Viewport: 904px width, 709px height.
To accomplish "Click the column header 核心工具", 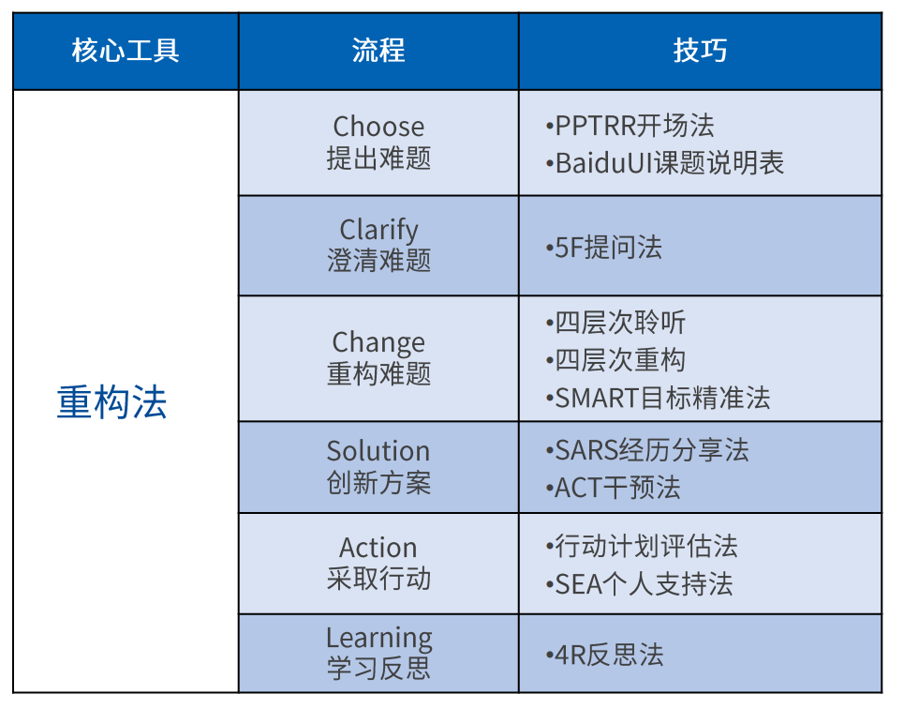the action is point(126,51).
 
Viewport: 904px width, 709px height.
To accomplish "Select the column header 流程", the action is point(378,51).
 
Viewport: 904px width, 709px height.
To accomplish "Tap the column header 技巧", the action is point(700,51).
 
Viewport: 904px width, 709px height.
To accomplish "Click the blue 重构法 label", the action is point(111,401).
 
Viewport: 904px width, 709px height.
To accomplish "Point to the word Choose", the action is point(378,127).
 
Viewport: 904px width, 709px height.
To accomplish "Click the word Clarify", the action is point(378,230).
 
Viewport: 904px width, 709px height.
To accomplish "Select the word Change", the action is point(378,343).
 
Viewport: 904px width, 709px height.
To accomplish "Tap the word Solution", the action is point(378,451).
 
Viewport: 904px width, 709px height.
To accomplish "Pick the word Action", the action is point(378,548).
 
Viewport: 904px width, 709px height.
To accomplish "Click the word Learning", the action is point(378,638).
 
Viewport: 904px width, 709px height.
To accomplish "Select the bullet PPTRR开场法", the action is point(630,126).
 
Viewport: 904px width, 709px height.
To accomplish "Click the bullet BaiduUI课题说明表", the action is point(665,163).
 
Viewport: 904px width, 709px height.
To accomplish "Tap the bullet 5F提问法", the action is point(603,248).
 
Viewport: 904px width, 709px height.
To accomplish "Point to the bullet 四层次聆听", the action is point(615,323).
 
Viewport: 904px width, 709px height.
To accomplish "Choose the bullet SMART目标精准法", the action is point(658,398).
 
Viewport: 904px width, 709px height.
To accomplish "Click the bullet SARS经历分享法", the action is point(647,450).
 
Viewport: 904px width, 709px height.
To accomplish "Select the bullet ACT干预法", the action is point(613,488).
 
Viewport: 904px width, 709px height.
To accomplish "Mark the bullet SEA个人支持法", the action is point(639,584).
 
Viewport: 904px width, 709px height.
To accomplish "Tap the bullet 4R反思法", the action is point(604,656).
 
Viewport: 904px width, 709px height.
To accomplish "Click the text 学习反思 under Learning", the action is point(378,669).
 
